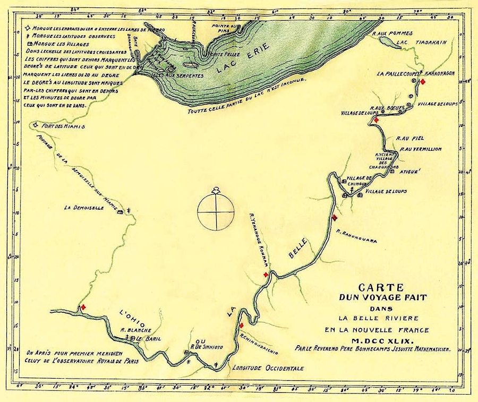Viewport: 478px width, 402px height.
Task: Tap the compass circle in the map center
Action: pyautogui.click(x=216, y=211)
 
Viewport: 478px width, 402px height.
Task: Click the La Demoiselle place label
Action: pyautogui.click(x=83, y=208)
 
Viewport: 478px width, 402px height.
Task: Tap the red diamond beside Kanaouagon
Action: pyautogui.click(x=423, y=82)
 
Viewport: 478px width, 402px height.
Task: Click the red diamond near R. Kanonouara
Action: pyautogui.click(x=335, y=217)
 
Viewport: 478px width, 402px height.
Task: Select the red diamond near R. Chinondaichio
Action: pyautogui.click(x=241, y=325)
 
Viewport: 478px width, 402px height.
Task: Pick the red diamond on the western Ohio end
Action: pyautogui.click(x=82, y=307)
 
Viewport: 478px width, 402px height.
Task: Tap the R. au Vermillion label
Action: pyautogui.click(x=421, y=149)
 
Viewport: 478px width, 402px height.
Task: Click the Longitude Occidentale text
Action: pyautogui.click(x=260, y=367)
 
